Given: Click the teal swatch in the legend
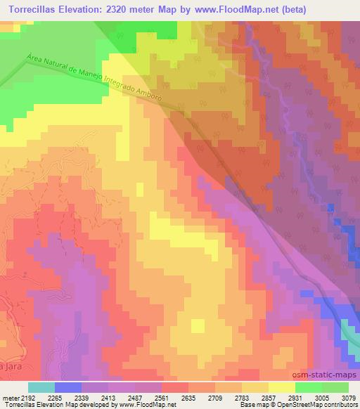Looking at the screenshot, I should [x=41, y=387].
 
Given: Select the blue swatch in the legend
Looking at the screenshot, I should [x=68, y=387].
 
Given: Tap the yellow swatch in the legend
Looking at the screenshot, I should [x=282, y=387].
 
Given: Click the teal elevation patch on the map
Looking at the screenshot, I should [x=351, y=333].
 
